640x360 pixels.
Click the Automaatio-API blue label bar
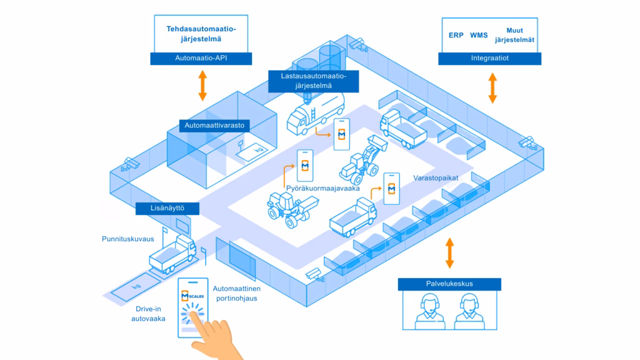[x=201, y=58]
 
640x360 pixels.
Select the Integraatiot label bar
[x=489, y=58]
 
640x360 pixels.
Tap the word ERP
[x=456, y=36]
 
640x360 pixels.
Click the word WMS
[x=479, y=36]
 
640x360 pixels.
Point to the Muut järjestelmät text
[x=514, y=35]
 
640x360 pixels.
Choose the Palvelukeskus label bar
[x=449, y=284]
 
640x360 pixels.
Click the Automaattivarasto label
[x=214, y=126]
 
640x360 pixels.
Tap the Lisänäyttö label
[x=167, y=208]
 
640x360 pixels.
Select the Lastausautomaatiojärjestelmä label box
[x=314, y=81]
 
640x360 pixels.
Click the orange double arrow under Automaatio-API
[x=202, y=85]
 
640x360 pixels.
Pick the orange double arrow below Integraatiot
[x=492, y=87]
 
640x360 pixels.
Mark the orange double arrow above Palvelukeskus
[x=449, y=253]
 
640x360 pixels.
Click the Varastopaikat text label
[x=436, y=178]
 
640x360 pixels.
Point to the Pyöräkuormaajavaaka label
[x=323, y=189]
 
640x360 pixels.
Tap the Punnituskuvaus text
[x=127, y=239]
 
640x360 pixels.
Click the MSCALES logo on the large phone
[x=192, y=296]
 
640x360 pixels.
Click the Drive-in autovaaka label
[x=148, y=314]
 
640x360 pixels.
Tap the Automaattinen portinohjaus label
[x=236, y=294]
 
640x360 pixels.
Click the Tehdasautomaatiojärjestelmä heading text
[x=201, y=34]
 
